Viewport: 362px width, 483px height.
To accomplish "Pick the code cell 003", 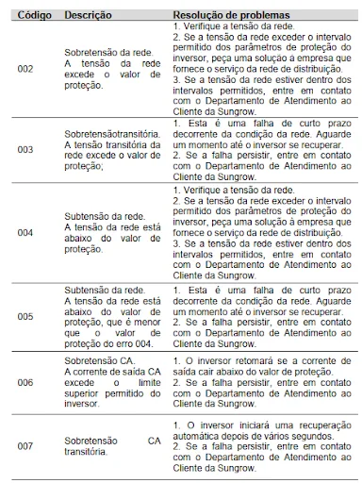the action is (x=25, y=149).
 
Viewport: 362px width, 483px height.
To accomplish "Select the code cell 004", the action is (x=25, y=232).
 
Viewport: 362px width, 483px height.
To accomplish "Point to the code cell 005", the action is (x=25, y=317).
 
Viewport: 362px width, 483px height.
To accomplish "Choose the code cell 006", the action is (x=25, y=382).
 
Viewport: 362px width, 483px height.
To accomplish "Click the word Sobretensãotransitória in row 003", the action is (x=111, y=136).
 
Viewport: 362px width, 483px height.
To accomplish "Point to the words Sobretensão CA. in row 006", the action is (x=98, y=362).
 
